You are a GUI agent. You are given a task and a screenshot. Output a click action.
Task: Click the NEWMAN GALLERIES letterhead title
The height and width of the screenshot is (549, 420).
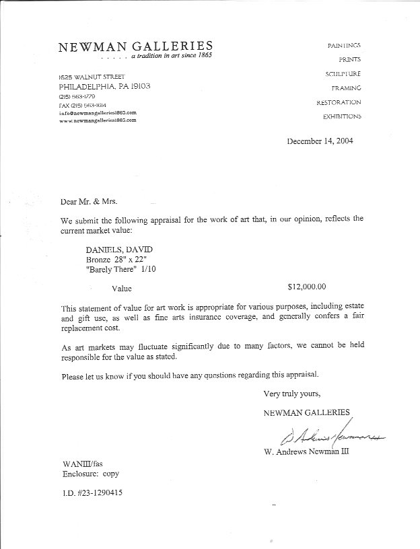[135, 46]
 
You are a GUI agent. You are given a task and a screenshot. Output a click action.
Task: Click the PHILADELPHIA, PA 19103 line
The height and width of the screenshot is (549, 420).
[104, 86]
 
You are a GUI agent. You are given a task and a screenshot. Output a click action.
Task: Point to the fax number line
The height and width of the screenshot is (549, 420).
[81, 106]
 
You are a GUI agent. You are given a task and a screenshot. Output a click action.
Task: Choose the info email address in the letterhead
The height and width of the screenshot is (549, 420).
[98, 112]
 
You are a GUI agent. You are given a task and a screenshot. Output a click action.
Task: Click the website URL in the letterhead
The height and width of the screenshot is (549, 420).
[98, 120]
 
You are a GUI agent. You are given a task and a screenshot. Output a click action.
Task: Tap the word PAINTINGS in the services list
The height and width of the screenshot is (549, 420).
[344, 44]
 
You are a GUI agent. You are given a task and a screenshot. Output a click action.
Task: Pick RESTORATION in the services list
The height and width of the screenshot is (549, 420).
[339, 102]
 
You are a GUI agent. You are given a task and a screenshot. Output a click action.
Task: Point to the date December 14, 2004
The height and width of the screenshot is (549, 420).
[320, 141]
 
